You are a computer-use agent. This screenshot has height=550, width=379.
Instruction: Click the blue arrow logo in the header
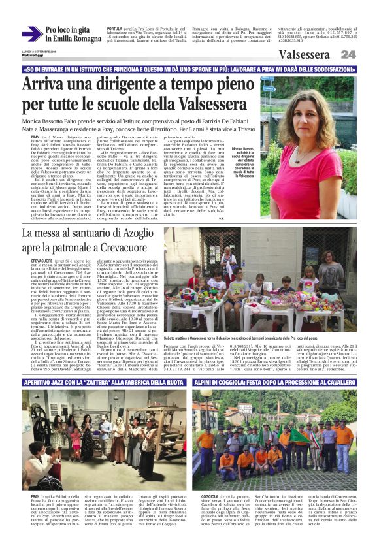tap(32, 35)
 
